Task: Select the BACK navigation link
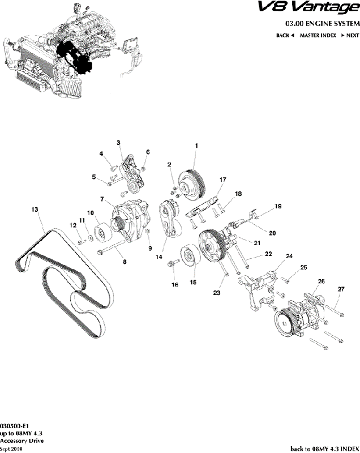click(285, 35)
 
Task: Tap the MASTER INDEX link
click(318, 35)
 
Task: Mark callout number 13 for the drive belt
click(35, 210)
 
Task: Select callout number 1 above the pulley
click(196, 146)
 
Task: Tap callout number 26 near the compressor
click(321, 281)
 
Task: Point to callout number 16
click(175, 285)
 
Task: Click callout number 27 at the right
click(341, 289)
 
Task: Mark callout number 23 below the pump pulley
click(217, 293)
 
